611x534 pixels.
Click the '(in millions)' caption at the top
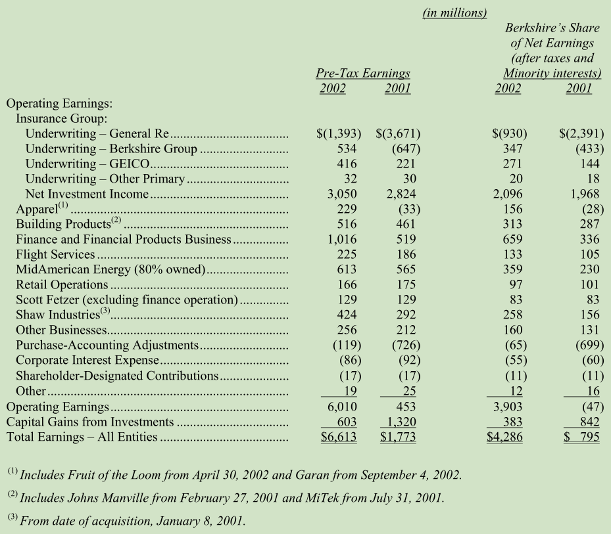pos(454,13)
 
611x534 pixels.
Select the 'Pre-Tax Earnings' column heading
pos(363,73)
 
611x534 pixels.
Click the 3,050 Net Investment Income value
pos(342,194)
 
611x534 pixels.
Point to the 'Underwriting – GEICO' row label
pos(87,164)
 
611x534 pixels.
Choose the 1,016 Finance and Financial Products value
pos(342,239)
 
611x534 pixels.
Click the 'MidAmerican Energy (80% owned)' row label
pos(110,269)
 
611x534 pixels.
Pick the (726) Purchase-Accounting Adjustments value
pos(406,345)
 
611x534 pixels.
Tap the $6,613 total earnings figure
pos(339,437)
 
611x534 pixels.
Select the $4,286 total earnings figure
pos(504,437)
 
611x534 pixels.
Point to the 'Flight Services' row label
pos(55,254)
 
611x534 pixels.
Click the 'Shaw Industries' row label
pos(58,315)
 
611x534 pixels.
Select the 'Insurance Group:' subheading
pos(62,118)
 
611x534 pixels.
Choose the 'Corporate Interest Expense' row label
pos(87,361)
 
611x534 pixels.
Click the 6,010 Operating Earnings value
pos(342,407)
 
